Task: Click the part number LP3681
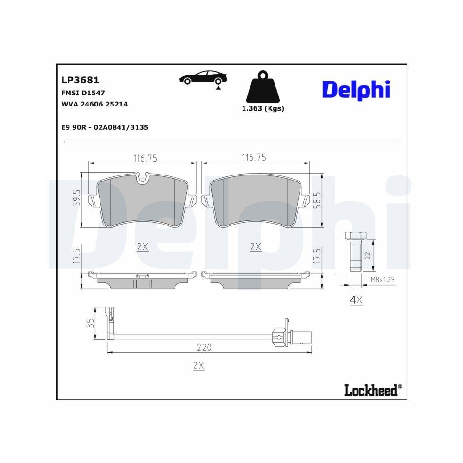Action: [x=80, y=81]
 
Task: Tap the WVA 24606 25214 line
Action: [x=94, y=104]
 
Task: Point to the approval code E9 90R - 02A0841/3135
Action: [x=105, y=127]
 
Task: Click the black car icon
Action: [x=202, y=79]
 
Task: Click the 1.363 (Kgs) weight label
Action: [x=263, y=108]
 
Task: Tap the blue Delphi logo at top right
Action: [x=356, y=90]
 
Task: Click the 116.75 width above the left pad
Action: [x=145, y=158]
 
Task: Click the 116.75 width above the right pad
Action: [x=254, y=158]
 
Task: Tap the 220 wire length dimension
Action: [x=204, y=347]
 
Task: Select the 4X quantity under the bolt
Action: [x=356, y=300]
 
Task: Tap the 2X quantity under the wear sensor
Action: [x=198, y=366]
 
